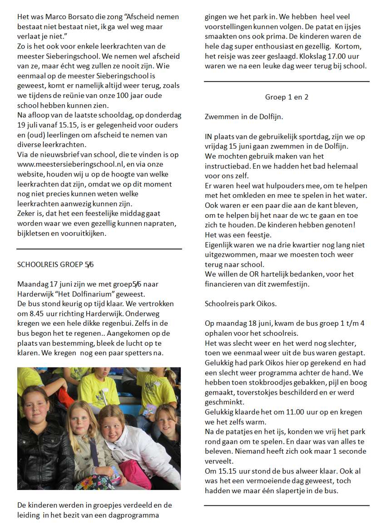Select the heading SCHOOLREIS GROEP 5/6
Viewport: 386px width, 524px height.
point(55,264)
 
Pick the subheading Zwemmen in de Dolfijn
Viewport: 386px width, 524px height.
point(244,117)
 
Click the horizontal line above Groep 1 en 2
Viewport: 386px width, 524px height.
point(287,82)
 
